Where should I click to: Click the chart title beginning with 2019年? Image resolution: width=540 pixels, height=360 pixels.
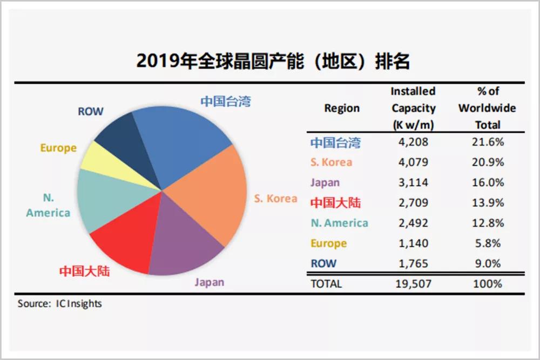point(273,61)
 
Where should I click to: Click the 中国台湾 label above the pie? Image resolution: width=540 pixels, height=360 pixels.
point(226,101)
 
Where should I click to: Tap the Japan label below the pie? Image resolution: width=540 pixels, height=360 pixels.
point(209,282)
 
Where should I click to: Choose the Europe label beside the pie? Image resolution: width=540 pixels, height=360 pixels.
point(58,148)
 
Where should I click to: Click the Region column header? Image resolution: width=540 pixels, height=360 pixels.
point(342,108)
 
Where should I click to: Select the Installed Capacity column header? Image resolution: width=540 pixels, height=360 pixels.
point(413,108)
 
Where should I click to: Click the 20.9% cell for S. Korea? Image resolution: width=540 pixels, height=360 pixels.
point(488,162)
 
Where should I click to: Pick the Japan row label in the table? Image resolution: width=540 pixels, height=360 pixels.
point(325,183)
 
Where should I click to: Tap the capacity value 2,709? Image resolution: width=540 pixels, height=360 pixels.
point(413,203)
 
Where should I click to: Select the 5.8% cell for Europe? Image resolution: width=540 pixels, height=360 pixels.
point(488,243)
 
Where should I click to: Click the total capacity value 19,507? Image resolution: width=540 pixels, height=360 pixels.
point(413,284)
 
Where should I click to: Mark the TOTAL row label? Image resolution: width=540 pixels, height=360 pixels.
point(326,284)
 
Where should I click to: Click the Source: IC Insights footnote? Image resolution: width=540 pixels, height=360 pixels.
point(59,303)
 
